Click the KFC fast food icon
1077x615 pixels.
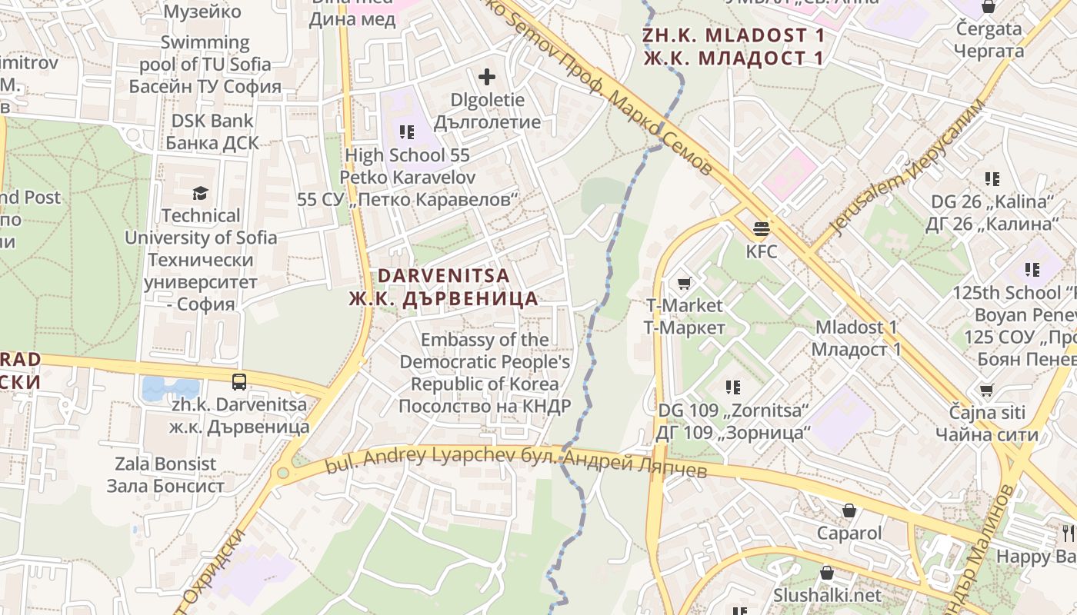click(762, 228)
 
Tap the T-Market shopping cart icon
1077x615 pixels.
click(684, 283)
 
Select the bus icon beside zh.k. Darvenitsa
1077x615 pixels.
click(239, 381)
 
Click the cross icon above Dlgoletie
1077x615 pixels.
click(486, 77)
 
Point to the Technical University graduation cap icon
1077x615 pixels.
click(201, 193)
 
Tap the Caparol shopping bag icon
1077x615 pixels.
click(849, 510)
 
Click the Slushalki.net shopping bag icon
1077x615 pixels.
click(827, 573)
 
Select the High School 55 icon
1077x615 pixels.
click(407, 132)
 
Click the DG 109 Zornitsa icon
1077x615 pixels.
click(733, 387)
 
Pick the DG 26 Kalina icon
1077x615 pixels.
click(992, 179)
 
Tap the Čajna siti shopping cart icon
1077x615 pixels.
click(986, 390)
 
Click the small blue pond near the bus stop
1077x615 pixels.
click(170, 389)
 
